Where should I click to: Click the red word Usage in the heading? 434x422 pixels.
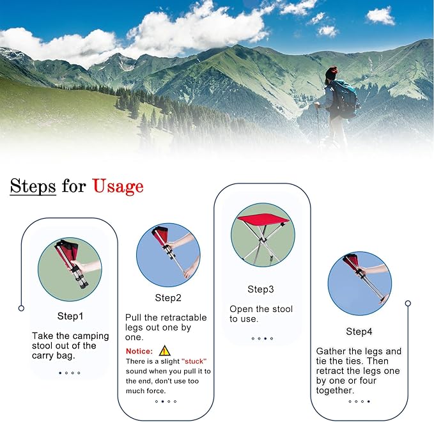[x=118, y=186]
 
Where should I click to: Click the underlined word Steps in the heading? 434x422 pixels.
[x=33, y=186]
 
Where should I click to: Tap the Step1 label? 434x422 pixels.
[x=70, y=316]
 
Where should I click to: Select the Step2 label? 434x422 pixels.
[x=168, y=298]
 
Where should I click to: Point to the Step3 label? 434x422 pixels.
[x=260, y=290]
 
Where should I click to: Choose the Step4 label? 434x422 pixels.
[x=359, y=332]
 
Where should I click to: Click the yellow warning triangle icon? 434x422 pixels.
[x=165, y=351]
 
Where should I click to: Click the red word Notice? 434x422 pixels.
[x=139, y=352]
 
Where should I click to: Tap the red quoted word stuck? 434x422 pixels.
[x=194, y=361]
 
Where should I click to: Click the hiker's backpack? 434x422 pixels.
[x=345, y=98]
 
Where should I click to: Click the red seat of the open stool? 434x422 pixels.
[x=263, y=219]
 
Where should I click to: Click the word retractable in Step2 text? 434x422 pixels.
[x=180, y=318]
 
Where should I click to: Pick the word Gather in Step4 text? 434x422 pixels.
[x=331, y=352]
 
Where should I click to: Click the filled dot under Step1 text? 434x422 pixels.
[x=60, y=373]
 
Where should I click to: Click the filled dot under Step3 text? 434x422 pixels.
[x=265, y=338]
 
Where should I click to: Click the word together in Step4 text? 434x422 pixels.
[x=335, y=391]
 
